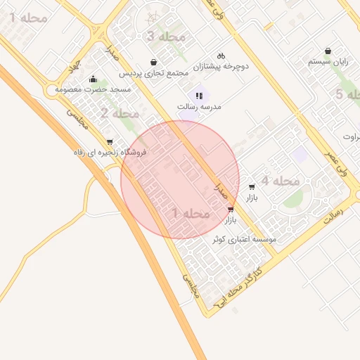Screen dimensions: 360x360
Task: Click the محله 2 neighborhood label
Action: [120, 113]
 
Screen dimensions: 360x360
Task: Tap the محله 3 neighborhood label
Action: [166, 37]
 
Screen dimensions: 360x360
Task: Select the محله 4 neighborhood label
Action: [281, 181]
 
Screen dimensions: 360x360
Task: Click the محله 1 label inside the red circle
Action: [191, 213]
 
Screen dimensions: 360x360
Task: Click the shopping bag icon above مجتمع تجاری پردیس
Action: [153, 63]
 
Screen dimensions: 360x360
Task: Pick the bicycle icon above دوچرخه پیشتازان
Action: [221, 56]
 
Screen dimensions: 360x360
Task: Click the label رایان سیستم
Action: [328, 61]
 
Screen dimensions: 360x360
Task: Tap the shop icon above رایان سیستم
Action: [328, 51]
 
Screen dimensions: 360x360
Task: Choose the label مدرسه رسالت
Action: [199, 106]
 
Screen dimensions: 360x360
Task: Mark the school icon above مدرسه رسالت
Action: [199, 95]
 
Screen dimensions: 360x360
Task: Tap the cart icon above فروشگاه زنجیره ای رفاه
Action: [110, 142]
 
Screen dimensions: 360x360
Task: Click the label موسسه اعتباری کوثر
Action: [245, 239]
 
